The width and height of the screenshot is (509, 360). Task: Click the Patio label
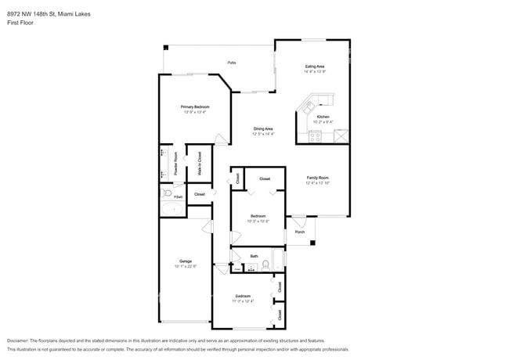[232, 63]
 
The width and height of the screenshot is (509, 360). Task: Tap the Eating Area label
[315, 67]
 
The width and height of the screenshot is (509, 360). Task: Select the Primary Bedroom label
[195, 106]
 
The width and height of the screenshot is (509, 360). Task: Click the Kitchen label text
[323, 117]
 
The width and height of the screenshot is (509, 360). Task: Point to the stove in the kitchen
[315, 136]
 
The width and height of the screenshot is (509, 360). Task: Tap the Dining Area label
[263, 128]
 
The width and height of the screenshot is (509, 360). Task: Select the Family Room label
[317, 178]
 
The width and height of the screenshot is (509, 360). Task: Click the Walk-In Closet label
[199, 163]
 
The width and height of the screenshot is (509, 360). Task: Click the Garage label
[186, 261]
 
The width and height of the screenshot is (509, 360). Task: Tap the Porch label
[299, 232]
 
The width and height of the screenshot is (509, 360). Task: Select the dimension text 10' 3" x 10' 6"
[258, 221]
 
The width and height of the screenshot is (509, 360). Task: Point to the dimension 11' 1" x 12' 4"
[243, 301]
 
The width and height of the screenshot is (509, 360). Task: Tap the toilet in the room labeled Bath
[265, 265]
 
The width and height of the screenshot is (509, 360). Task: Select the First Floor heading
[20, 23]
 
